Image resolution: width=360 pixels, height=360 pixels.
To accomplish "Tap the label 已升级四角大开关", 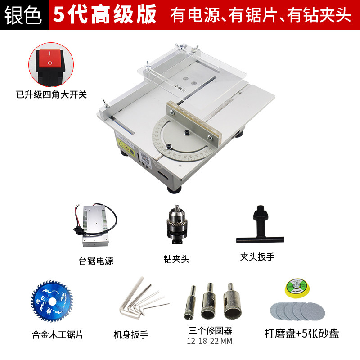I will coord(51,94).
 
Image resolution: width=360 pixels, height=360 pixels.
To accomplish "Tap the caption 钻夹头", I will coord(176,259).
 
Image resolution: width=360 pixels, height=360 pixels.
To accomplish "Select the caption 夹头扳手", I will coord(257,257).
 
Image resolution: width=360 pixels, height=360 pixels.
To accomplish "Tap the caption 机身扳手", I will coord(131,334).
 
